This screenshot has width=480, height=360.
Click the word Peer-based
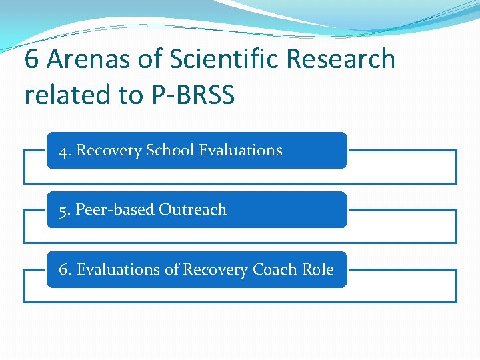pos(115,210)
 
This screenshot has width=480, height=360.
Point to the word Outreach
pos(193,210)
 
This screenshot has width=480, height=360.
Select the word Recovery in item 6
pos(215,270)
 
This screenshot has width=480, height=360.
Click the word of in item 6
pos(172,270)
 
